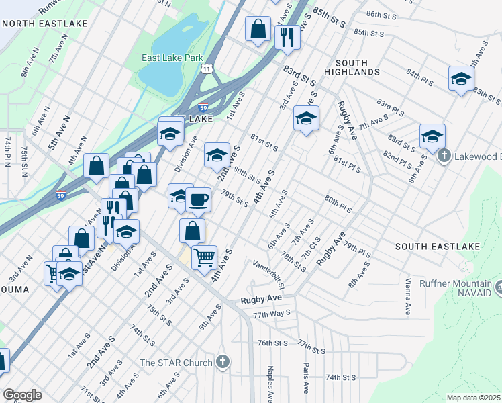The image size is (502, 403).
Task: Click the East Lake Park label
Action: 172,58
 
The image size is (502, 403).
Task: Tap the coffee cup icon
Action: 197,199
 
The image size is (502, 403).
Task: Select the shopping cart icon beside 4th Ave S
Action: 204,257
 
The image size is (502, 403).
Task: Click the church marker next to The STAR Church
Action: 223,363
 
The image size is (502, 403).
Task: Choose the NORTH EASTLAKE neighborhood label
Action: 44,24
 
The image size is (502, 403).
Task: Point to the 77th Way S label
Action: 272,313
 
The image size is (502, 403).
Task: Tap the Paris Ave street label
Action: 305,379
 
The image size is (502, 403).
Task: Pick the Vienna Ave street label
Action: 407,296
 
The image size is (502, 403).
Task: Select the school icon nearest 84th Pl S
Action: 461,79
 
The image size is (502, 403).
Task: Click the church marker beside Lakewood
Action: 444,156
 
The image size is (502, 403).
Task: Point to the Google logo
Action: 22,394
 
